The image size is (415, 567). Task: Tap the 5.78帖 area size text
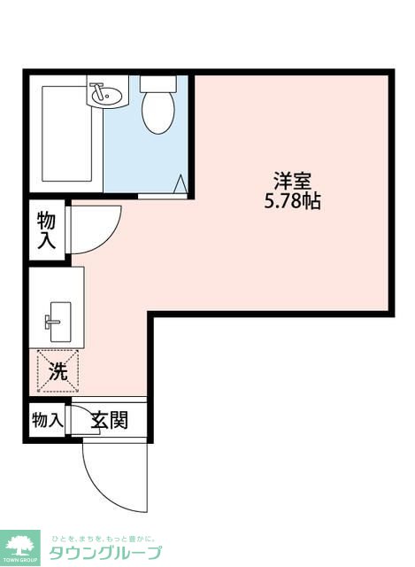291,201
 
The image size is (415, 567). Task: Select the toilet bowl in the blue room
158,113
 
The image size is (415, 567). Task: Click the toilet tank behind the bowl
158,84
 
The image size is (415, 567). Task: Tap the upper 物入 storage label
47,230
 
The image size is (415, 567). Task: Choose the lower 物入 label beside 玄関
46,419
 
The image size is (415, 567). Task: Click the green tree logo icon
20,546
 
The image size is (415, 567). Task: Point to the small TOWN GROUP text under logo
20,562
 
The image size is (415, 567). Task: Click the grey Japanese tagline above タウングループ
103,538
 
